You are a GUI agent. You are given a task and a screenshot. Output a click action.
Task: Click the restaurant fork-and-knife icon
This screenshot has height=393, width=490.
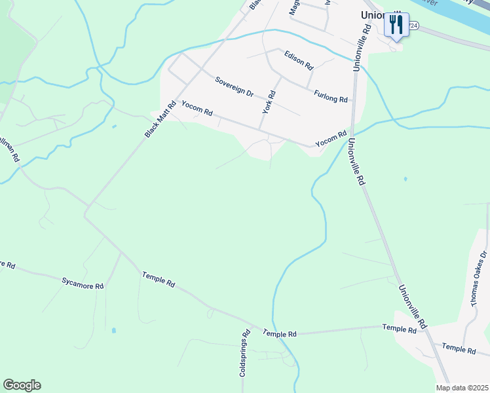[396, 26]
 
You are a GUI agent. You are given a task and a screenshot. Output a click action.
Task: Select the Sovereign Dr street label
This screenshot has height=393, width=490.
[235, 86]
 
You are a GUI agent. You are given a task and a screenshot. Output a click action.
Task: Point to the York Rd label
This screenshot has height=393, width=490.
[269, 102]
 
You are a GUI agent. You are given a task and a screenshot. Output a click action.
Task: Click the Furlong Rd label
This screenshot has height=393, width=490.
[331, 96]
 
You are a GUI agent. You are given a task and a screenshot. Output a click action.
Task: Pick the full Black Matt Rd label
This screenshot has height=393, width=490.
[161, 119]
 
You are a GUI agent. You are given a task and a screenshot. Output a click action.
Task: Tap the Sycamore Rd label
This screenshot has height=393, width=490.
[83, 283]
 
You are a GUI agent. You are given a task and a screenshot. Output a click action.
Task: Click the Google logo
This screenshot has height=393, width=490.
[22, 385]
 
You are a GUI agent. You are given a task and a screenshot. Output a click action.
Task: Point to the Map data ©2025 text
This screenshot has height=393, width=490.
[462, 388]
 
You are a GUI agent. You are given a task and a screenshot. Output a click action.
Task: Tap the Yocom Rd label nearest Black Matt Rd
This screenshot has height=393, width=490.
[197, 108]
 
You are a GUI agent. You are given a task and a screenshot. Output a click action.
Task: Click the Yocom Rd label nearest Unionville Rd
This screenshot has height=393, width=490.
[330, 139]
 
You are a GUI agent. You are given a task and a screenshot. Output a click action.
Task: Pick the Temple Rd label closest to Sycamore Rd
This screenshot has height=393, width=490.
[159, 280]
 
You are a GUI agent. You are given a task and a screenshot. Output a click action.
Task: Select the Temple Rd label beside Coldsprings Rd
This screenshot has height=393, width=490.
[280, 333]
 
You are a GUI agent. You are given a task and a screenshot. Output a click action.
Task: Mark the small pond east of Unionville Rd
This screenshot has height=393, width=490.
[405, 179]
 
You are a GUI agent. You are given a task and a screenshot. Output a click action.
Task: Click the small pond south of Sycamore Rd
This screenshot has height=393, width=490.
[113, 331]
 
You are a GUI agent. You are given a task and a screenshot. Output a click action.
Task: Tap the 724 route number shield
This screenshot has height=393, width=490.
[413, 25]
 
